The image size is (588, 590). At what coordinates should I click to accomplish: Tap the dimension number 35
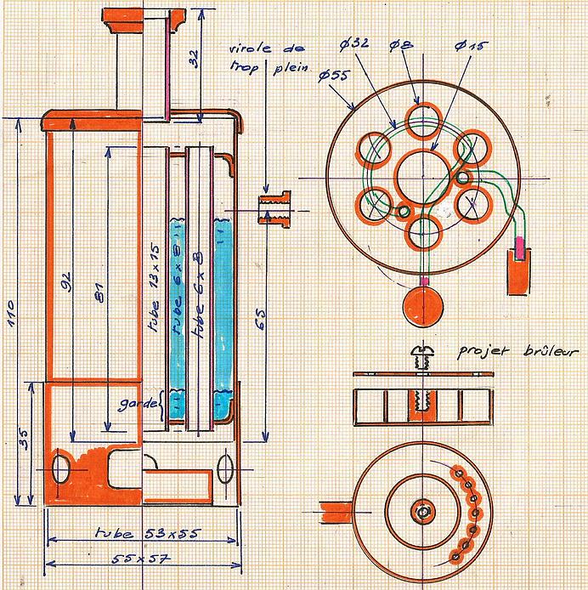(x=25, y=439)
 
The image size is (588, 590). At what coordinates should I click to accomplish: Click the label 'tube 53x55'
(x=140, y=534)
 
